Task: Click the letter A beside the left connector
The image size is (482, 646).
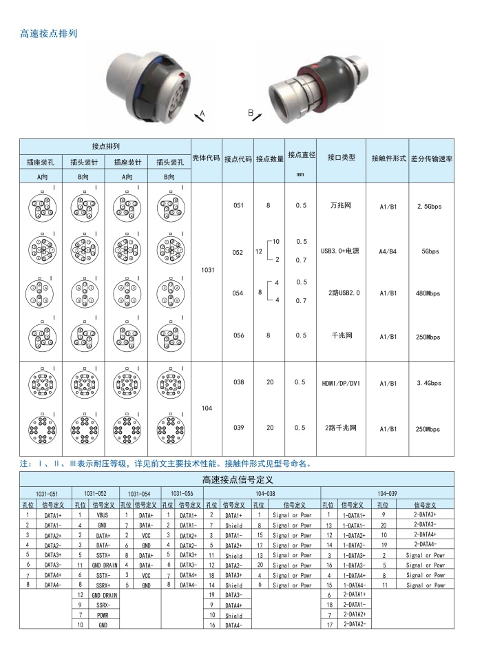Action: (202, 112)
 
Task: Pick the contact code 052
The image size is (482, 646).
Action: (238, 253)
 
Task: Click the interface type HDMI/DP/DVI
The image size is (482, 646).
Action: (341, 383)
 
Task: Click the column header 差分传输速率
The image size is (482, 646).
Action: (432, 158)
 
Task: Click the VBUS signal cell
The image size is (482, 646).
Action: (102, 514)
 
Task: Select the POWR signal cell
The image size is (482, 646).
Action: (102, 614)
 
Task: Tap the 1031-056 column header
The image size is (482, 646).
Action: (181, 494)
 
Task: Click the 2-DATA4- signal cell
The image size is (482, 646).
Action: (424, 544)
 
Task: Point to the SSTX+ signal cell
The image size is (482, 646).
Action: (102, 554)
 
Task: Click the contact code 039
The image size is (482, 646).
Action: (238, 428)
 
